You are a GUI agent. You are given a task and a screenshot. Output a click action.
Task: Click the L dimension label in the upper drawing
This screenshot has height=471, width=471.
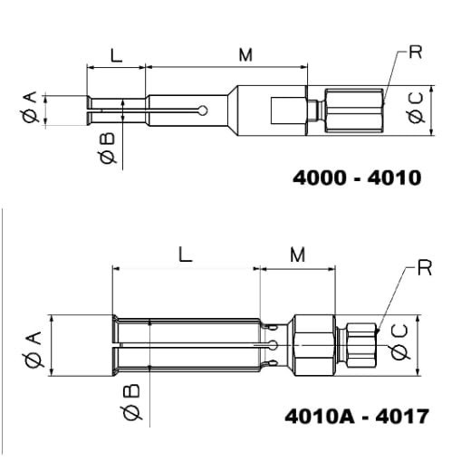pyautogui.click(x=116, y=55)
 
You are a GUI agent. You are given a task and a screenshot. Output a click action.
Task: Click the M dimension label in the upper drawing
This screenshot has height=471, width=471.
pyautogui.click(x=245, y=55)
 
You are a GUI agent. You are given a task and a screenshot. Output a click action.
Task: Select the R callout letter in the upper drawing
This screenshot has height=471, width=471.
pyautogui.click(x=416, y=53)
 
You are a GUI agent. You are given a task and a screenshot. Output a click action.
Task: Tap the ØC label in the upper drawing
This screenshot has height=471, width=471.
pyautogui.click(x=416, y=108)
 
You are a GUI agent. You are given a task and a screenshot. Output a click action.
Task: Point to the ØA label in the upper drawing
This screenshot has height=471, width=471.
pyautogui.click(x=31, y=107)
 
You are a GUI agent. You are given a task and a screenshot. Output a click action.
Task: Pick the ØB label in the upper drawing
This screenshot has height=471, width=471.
pyautogui.click(x=108, y=149)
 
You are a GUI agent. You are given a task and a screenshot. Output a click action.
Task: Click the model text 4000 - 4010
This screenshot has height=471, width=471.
pyautogui.click(x=357, y=178)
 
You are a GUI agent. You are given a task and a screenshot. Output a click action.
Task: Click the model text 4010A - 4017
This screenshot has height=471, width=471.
pyautogui.click(x=357, y=416)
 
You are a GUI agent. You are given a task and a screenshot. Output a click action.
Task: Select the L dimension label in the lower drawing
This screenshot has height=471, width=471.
pyautogui.click(x=185, y=255)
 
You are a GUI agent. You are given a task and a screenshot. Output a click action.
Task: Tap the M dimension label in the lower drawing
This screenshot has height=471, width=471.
pyautogui.click(x=298, y=255)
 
